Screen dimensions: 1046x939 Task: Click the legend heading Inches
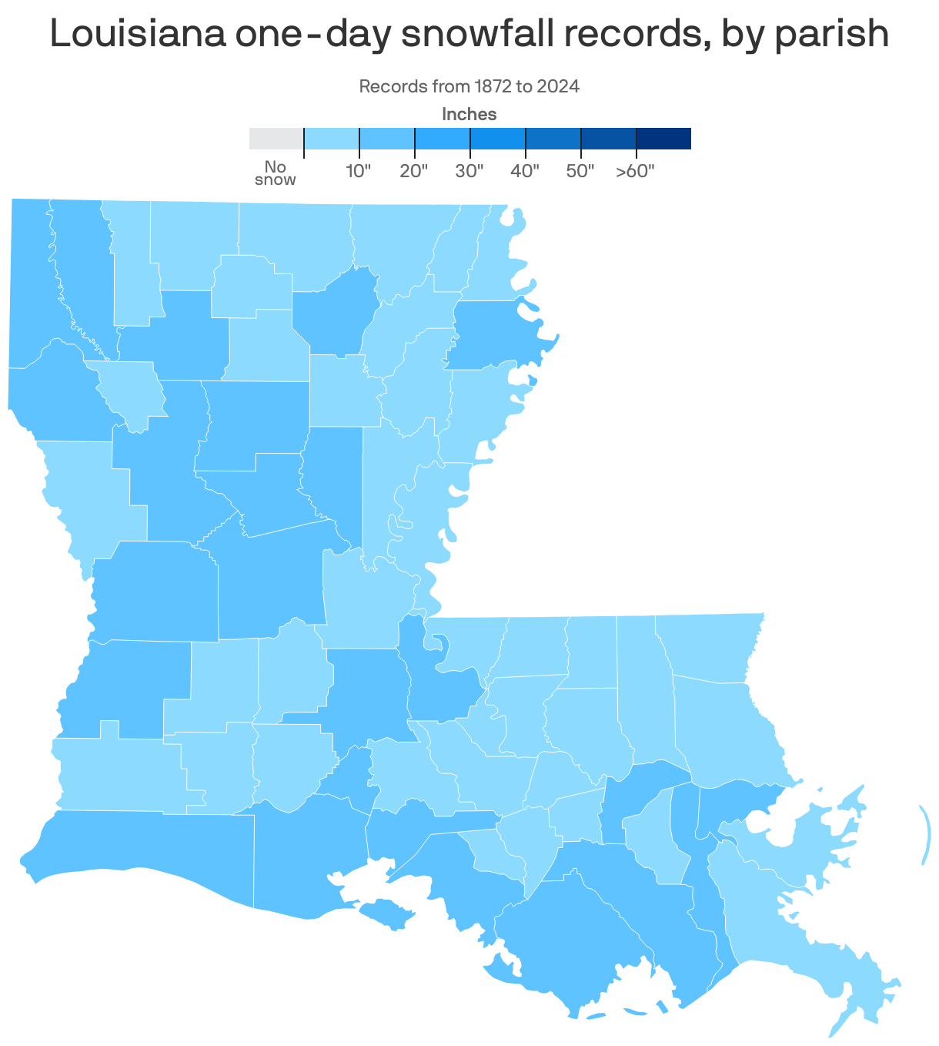469,115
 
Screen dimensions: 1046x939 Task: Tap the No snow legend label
275,173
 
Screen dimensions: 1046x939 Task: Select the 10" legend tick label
359,171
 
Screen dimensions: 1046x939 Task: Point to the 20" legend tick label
414,171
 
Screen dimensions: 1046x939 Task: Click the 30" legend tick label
469,171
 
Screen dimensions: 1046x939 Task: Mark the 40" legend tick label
525,171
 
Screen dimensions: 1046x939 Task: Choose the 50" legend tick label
580,171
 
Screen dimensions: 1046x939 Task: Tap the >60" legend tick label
635,171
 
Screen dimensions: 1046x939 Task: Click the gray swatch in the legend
276,139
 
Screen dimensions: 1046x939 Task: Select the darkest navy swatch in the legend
663,139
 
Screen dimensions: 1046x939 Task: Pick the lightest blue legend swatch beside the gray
332,139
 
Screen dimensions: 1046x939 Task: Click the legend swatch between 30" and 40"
498,139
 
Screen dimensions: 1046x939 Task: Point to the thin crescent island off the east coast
924,835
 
